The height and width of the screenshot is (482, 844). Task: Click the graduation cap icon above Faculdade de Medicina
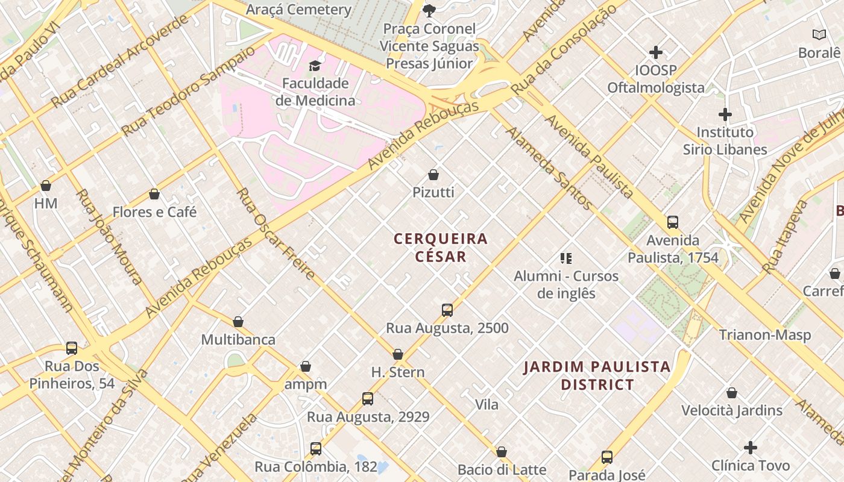point(315,66)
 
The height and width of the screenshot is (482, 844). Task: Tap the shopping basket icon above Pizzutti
point(433,175)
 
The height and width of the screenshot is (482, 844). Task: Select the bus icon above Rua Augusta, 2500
point(447,310)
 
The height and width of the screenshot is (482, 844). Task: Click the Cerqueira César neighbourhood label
point(441,248)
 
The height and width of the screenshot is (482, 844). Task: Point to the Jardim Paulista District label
point(597,375)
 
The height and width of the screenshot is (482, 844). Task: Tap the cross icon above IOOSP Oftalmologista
point(656,53)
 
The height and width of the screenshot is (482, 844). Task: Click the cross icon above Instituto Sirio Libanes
point(725,114)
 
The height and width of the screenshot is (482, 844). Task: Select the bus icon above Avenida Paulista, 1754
point(673,222)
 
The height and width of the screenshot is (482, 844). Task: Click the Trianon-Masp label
point(764,335)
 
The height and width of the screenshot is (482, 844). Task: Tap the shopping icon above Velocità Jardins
point(732,393)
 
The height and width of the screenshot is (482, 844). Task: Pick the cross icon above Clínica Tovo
point(750,448)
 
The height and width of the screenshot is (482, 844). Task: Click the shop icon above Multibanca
point(238,322)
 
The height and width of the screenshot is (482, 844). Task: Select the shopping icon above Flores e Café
point(154,195)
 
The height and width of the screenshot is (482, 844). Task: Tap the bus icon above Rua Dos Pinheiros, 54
point(72,348)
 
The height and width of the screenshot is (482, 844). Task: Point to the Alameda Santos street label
point(549,168)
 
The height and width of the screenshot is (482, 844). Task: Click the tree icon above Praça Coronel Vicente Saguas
point(429,10)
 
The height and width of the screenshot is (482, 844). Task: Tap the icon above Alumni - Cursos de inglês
point(565,259)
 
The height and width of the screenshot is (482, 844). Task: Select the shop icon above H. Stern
point(398,355)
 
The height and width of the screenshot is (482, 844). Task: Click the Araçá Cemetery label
point(298,10)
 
